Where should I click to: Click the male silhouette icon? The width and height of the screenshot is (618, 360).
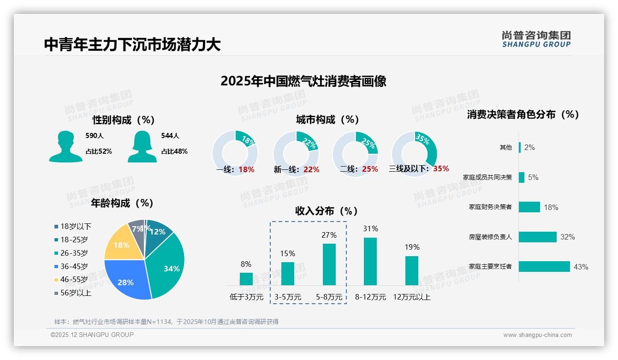(65, 147)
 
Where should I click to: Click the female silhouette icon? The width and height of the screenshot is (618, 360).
(142, 147)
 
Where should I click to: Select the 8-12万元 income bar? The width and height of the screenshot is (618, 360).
(370, 261)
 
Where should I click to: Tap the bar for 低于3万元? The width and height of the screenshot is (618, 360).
(246, 279)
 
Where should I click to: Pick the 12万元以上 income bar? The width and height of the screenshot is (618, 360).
(412, 270)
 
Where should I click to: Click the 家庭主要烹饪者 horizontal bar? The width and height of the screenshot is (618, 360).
(544, 266)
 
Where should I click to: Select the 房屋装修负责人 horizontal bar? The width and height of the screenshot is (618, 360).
(537, 237)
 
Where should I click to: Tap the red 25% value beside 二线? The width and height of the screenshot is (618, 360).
(370, 169)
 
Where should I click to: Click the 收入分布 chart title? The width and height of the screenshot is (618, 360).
(327, 211)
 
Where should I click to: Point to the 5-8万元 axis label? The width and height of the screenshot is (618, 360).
(329, 297)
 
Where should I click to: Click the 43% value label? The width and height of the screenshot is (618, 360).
(581, 267)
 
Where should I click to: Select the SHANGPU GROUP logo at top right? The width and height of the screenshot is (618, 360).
(536, 39)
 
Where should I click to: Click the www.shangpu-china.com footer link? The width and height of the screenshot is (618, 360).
(537, 335)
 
